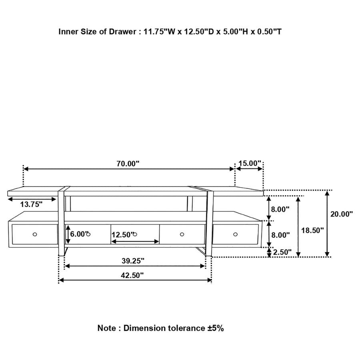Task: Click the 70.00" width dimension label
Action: [128, 163]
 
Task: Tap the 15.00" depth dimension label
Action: [250, 163]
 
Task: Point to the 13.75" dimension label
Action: [31, 204]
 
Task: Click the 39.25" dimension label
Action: [133, 261]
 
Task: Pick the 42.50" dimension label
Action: [132, 275]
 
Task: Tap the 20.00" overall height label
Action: [342, 214]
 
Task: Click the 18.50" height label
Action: [312, 230]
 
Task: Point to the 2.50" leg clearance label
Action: [282, 252]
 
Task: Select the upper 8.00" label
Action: [280, 209]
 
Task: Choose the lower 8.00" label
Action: [280, 235]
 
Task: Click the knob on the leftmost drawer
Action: [35, 234]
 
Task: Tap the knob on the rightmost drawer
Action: [235, 234]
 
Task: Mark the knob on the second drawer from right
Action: [182, 234]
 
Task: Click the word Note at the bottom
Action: [106, 328]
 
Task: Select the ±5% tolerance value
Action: [216, 328]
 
